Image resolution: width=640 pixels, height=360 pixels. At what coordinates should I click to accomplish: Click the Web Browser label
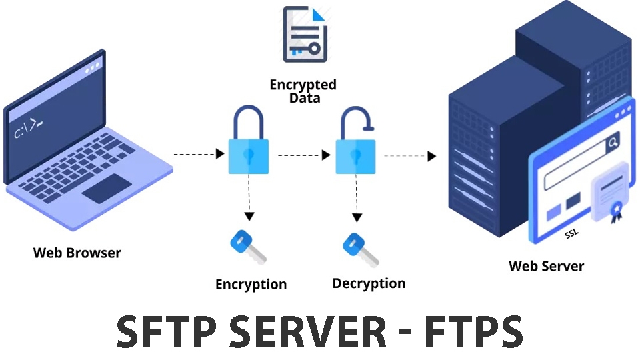(77, 253)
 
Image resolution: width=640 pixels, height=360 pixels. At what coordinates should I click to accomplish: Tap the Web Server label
(546, 266)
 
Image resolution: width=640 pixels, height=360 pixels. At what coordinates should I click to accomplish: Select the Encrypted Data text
(303, 91)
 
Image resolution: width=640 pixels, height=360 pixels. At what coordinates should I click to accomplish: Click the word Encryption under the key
(251, 285)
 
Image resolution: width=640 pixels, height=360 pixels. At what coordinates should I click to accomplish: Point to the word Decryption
(369, 283)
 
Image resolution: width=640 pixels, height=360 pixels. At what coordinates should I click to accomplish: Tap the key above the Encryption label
(247, 246)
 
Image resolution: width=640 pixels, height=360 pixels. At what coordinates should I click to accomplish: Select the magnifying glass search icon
(611, 141)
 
